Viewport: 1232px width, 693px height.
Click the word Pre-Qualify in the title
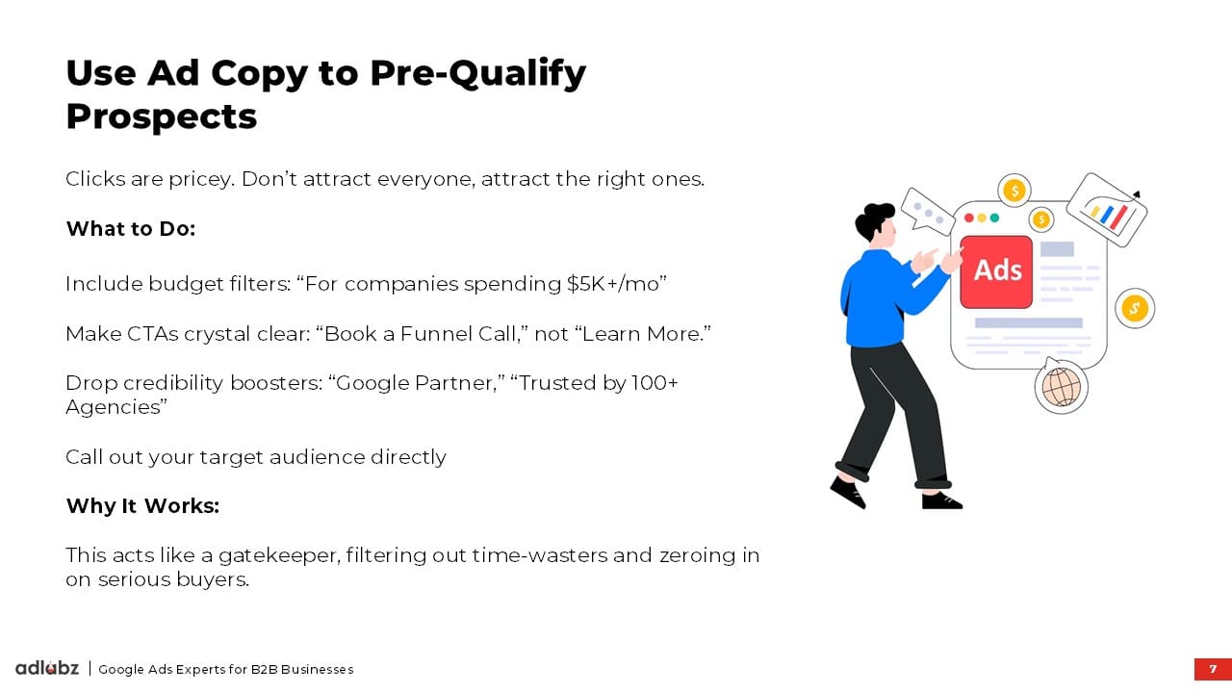(x=478, y=74)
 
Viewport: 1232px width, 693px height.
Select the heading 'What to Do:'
(x=131, y=229)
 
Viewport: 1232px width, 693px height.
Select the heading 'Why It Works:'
(x=143, y=506)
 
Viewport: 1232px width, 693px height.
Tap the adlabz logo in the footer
(x=47, y=668)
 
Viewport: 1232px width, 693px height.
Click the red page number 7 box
(x=1213, y=669)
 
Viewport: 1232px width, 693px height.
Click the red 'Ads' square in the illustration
(x=996, y=272)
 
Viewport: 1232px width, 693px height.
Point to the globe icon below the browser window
(x=1061, y=387)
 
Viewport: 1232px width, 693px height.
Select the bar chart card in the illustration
(x=1107, y=210)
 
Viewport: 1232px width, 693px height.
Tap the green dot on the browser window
(x=994, y=218)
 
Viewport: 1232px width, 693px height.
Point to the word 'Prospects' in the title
(x=162, y=117)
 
